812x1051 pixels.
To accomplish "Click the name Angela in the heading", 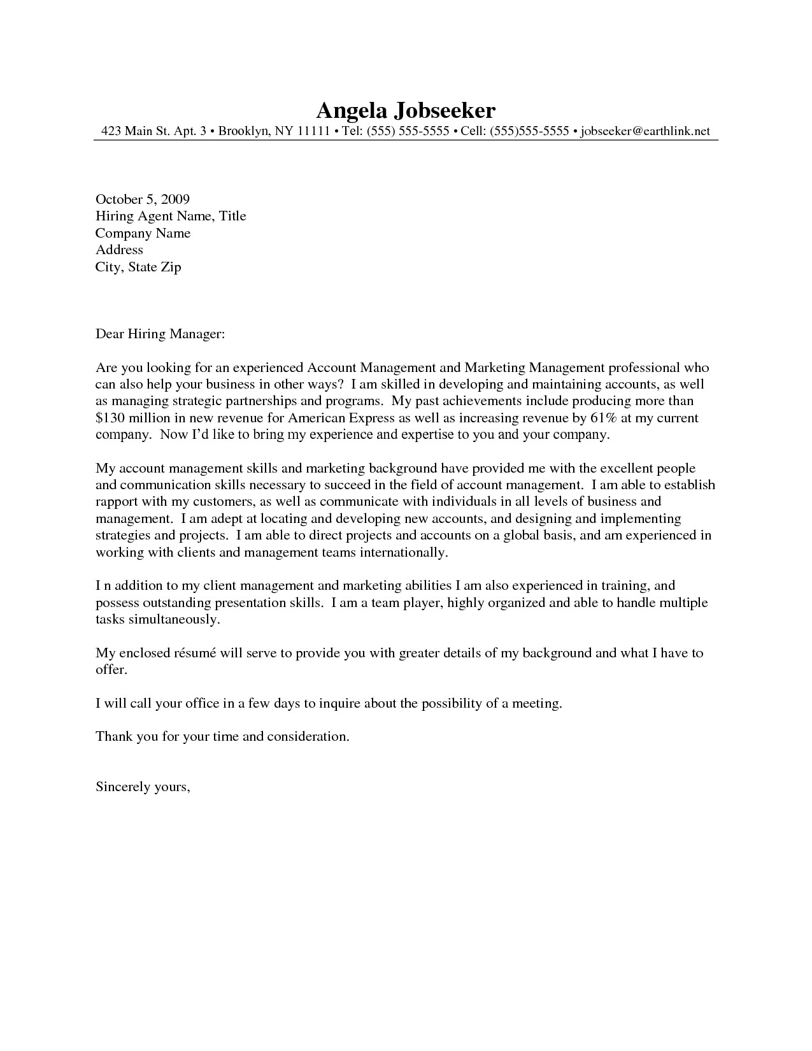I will (x=351, y=111).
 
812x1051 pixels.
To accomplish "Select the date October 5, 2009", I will (x=143, y=199).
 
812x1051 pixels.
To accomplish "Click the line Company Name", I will (x=143, y=233).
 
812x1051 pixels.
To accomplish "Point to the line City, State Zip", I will (x=138, y=267).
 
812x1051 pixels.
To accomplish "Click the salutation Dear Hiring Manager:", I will (x=160, y=334).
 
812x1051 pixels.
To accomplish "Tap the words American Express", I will (x=341, y=418).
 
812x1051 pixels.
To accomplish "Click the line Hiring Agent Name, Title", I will (x=171, y=217).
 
